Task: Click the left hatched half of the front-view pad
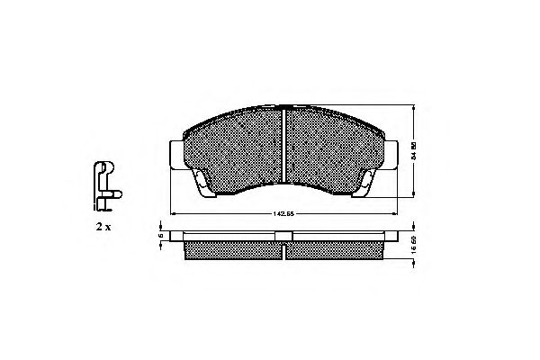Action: click(234, 144)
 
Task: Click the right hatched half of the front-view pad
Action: click(333, 144)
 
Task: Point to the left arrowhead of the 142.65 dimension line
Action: click(172, 213)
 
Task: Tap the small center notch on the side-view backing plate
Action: click(283, 236)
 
